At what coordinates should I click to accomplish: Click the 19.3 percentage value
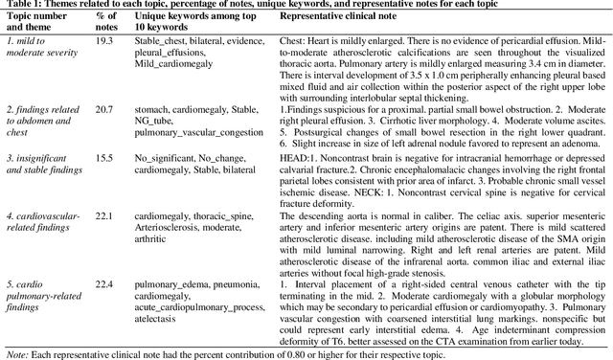[103, 42]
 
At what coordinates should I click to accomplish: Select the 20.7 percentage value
[104, 111]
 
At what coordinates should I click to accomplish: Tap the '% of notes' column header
[104, 22]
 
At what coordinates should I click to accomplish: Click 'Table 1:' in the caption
[26, 6]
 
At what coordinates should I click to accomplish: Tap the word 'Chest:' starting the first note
[292, 42]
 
